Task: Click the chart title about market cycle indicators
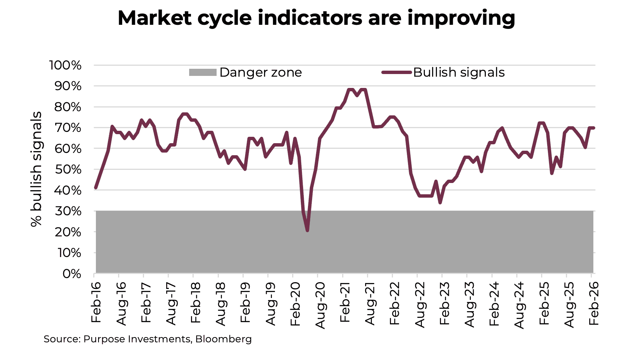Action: [316, 18]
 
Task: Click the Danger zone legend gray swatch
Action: [203, 73]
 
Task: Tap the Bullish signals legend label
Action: [458, 73]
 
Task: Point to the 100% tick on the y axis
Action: [65, 65]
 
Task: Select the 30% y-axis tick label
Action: [68, 211]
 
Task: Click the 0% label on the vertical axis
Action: [71, 274]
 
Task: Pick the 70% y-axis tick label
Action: [68, 128]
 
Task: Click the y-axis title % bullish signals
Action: [36, 169]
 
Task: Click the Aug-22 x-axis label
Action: [420, 304]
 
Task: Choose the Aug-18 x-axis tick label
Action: [221, 304]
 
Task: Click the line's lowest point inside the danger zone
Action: [307, 230]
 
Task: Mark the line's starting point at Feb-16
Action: [96, 188]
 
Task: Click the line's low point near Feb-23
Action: [440, 203]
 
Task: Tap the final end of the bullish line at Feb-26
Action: [593, 128]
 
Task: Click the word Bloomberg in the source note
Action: [223, 339]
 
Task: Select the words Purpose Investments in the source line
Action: [137, 339]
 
